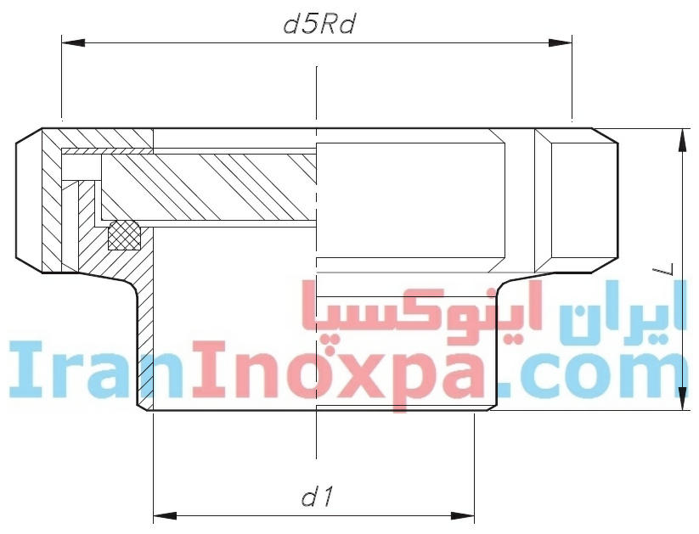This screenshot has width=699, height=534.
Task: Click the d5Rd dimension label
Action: click(x=318, y=23)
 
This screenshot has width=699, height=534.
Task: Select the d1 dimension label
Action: click(x=317, y=496)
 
